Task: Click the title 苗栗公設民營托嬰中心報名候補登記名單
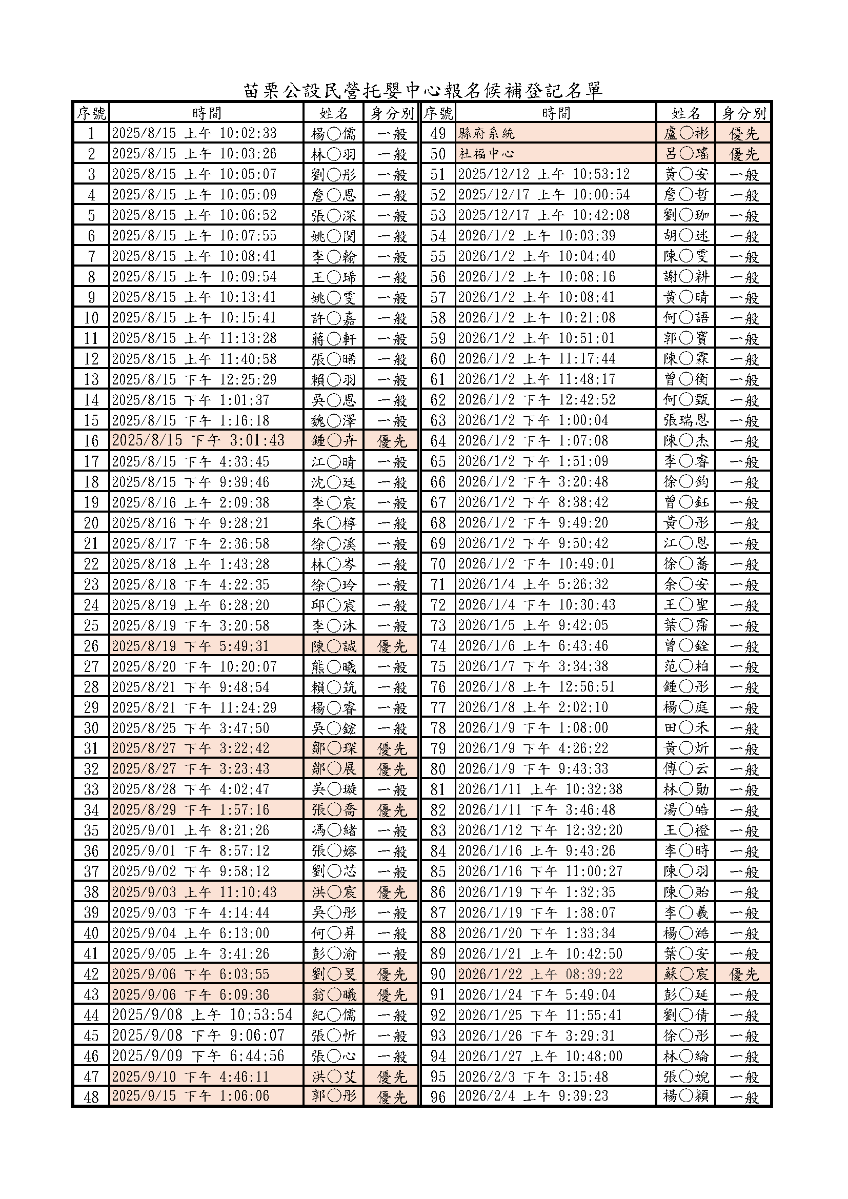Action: (x=423, y=90)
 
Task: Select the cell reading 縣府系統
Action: (x=486, y=134)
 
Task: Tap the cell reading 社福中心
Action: (x=486, y=154)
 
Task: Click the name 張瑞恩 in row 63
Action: (x=685, y=420)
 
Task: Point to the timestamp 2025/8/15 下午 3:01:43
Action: (x=198, y=441)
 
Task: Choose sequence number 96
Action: (x=437, y=1096)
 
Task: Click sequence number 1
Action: (x=91, y=134)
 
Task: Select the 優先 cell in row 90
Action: (x=743, y=974)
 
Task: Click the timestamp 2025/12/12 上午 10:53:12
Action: (x=543, y=174)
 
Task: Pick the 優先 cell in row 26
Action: (x=392, y=646)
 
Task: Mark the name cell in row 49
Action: (x=685, y=134)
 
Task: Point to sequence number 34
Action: (x=91, y=810)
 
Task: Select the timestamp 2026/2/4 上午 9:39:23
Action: (x=533, y=1096)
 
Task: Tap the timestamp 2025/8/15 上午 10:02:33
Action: (x=194, y=134)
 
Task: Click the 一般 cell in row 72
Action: (x=743, y=605)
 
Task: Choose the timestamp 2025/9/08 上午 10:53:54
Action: (x=203, y=1015)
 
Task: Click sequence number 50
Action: (x=437, y=154)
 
